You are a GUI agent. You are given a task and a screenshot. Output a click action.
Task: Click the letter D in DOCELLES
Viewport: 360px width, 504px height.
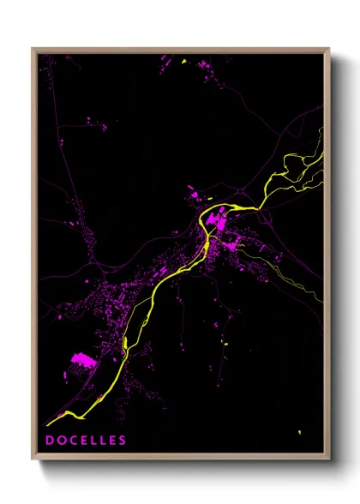(x=50, y=441)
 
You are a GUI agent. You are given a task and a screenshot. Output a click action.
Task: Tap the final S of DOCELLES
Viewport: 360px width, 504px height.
(x=123, y=441)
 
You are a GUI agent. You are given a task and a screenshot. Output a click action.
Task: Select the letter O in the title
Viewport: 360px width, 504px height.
(x=61, y=441)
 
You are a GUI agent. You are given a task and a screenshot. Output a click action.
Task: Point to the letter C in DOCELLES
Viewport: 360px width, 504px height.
(x=72, y=441)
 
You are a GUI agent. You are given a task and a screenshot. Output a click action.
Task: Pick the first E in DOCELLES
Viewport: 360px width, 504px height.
(x=82, y=441)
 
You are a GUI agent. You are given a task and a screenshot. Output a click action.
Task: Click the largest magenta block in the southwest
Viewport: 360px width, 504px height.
(x=81, y=359)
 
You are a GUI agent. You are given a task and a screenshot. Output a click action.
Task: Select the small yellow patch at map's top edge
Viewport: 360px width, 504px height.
(x=183, y=61)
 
